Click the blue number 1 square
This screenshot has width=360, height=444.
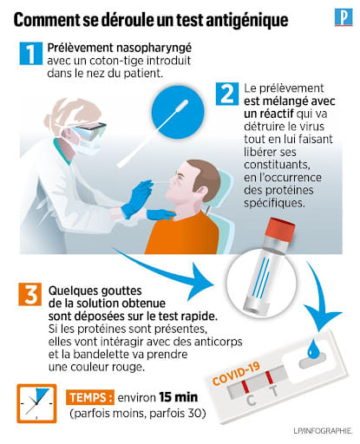point(31,54)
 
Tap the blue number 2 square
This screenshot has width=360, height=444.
point(227,94)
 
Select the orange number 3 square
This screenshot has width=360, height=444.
point(29,294)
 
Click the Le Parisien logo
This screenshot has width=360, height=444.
point(344,17)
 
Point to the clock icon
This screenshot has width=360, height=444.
point(36,403)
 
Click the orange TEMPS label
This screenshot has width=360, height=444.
point(90,397)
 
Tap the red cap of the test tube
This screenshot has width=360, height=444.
point(281,228)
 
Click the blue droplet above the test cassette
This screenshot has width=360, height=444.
point(312,349)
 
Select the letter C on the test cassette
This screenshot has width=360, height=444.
point(251,401)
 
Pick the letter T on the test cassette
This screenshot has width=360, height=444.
point(273,390)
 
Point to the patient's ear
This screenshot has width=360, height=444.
point(201,191)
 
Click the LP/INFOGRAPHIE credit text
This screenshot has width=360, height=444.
point(323,431)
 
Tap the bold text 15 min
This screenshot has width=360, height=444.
point(179,397)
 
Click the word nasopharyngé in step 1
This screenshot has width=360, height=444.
point(154,49)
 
